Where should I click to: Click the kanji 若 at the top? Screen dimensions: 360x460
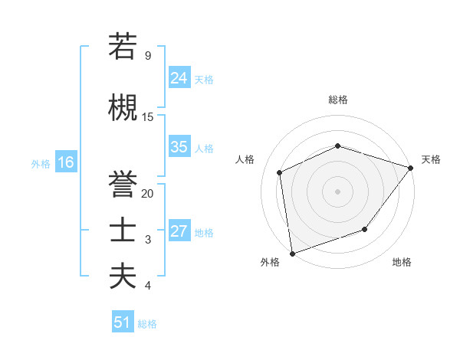(x=123, y=45)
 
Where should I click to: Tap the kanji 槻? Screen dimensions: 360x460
(x=123, y=107)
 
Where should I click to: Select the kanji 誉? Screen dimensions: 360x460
(x=123, y=185)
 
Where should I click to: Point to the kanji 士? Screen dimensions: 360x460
(x=123, y=231)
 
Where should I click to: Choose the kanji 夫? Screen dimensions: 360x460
(x=123, y=277)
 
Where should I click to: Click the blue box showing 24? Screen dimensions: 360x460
(x=179, y=77)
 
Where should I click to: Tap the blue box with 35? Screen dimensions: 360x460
(x=179, y=147)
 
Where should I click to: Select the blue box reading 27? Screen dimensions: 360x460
(x=179, y=231)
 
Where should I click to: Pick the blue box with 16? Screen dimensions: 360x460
(x=65, y=162)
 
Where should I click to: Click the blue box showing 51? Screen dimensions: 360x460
(x=123, y=322)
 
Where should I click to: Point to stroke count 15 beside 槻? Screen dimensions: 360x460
(x=148, y=116)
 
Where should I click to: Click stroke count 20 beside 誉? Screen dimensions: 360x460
(x=148, y=194)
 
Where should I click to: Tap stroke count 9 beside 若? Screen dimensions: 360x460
(x=148, y=55)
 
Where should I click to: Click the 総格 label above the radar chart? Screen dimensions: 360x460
(x=337, y=100)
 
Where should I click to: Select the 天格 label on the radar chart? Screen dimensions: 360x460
(x=431, y=159)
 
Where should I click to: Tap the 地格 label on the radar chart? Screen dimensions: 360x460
(x=402, y=262)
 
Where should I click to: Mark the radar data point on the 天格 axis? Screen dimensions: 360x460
(x=411, y=167)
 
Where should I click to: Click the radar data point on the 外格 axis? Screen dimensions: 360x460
(x=292, y=253)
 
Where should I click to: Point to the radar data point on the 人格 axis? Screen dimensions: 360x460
(x=280, y=172)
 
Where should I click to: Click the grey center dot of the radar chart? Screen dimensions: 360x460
(x=337, y=191)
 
